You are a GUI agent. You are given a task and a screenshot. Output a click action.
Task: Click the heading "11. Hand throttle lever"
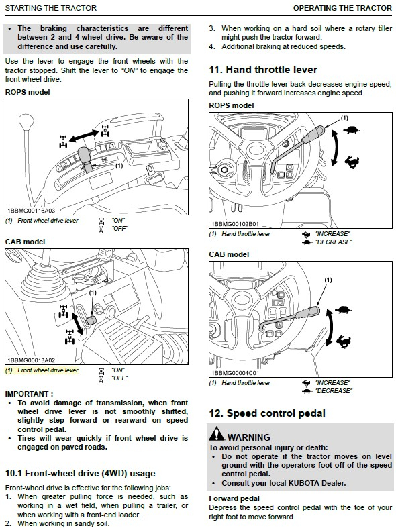263,70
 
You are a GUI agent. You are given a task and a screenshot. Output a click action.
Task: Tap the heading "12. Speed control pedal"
267,413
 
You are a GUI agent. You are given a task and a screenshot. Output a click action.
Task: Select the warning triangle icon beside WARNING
217,433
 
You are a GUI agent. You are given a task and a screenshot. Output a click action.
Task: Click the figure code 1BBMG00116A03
31,211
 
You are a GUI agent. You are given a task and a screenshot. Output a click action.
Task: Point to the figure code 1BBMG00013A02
31,360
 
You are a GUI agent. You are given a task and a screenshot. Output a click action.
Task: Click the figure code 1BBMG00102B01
235,224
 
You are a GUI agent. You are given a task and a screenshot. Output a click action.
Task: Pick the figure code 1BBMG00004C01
235,373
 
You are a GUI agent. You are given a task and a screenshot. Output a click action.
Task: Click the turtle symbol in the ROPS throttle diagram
352,130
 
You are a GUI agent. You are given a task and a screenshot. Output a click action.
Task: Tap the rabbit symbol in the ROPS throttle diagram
352,162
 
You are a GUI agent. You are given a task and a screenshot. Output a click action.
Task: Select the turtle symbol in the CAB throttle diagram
344,309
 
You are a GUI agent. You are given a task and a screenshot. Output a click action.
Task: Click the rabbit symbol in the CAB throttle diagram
344,341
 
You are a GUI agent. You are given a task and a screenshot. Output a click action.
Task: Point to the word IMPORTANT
27,394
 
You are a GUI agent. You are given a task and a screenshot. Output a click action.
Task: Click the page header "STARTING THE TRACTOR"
51,8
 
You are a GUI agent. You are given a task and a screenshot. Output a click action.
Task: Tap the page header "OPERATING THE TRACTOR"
342,8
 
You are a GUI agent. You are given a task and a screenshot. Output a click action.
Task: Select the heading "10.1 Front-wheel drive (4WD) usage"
80,474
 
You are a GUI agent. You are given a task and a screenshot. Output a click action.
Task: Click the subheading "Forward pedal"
234,498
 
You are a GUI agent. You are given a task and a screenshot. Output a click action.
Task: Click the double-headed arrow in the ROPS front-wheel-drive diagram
84,136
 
